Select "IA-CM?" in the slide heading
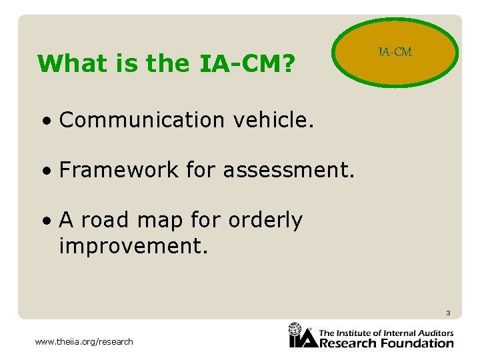(x=246, y=64)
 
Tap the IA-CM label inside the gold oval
(x=395, y=52)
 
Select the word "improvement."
(x=134, y=246)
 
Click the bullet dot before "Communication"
(x=45, y=121)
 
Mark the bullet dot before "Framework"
(x=45, y=171)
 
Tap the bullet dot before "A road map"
(x=45, y=221)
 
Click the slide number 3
(x=448, y=313)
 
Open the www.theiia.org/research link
(x=84, y=342)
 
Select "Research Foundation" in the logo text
(x=386, y=343)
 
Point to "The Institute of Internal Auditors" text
(x=386, y=333)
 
